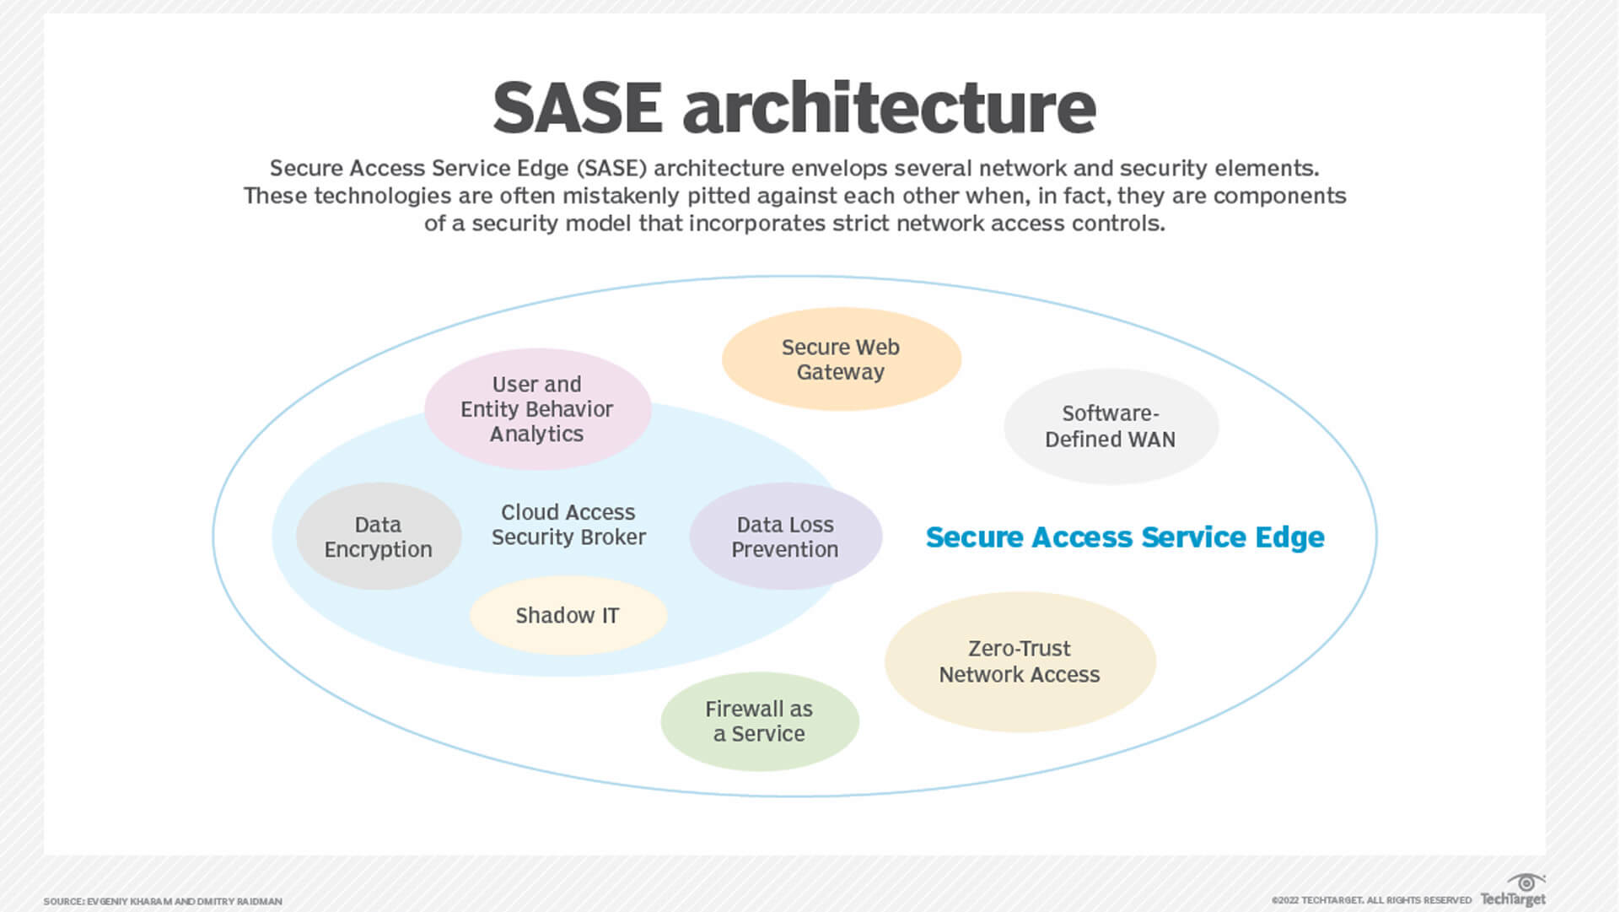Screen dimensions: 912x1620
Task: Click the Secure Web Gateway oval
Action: [841, 359]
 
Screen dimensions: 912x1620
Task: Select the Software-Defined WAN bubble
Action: [1110, 426]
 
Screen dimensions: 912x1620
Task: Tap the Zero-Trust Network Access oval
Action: [1020, 661]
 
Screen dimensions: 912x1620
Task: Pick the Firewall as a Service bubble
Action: [759, 721]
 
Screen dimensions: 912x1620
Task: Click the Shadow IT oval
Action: [568, 616]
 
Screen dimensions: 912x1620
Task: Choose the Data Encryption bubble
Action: [378, 537]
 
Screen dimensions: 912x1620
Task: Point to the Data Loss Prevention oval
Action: [785, 537]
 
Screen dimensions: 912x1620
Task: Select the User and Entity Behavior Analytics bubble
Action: [537, 409]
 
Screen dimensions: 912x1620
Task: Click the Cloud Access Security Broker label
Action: [568, 525]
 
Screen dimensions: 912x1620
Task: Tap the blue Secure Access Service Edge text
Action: [1124, 537]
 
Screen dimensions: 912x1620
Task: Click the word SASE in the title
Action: [578, 108]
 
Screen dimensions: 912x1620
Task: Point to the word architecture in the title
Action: [889, 108]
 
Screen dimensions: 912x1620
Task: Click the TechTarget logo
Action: [1514, 892]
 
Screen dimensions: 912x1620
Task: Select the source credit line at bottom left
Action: [163, 902]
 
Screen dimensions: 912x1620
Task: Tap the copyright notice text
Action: [1371, 900]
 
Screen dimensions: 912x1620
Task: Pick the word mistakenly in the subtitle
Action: [622, 197]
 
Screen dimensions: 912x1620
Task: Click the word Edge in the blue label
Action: [1289, 537]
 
